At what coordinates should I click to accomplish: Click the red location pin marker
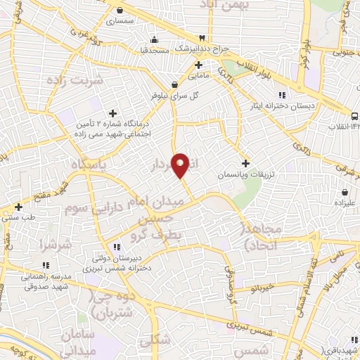[181, 166]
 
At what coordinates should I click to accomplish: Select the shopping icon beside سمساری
[122, 11]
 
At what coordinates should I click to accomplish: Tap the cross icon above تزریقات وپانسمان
[245, 162]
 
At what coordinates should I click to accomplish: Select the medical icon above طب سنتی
[19, 207]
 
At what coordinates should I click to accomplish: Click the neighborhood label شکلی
[155, 340]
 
